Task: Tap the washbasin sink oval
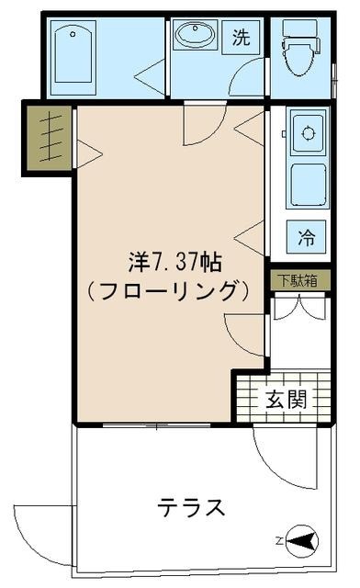pyautogui.click(x=195, y=36)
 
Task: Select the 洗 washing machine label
pyautogui.click(x=241, y=38)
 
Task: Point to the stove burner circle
pyautogui.click(x=309, y=133)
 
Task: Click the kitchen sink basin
pyautogui.click(x=308, y=185)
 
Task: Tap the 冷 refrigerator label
pyautogui.click(x=307, y=237)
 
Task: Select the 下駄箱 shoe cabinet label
pyautogui.click(x=298, y=280)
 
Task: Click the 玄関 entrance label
pyautogui.click(x=286, y=400)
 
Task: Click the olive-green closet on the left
pyautogui.click(x=48, y=138)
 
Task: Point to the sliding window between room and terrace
pyautogui.click(x=156, y=425)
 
